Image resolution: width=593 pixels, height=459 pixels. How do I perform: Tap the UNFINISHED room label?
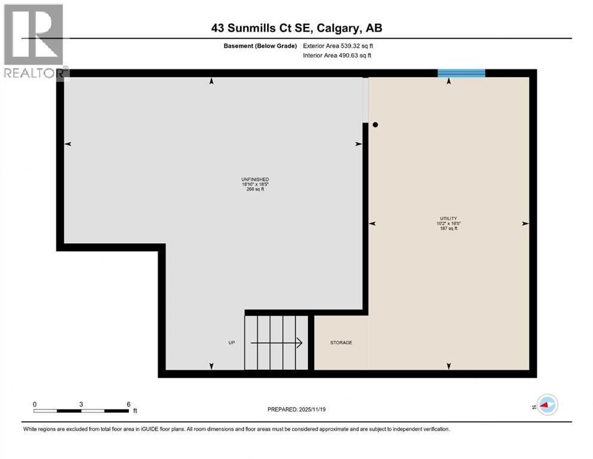pyautogui.click(x=255, y=179)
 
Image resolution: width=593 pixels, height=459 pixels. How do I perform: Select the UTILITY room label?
pyautogui.click(x=449, y=219)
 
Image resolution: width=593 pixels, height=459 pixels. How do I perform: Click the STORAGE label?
pyautogui.click(x=341, y=343)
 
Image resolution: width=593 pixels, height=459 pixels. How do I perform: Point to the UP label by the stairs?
pyautogui.click(x=232, y=343)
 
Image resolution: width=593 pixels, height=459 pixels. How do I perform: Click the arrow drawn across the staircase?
pyautogui.click(x=276, y=343)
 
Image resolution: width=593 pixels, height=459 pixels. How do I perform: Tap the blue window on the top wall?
pyautogui.click(x=461, y=74)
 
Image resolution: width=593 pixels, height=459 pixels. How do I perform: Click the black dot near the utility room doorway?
pyautogui.click(x=376, y=125)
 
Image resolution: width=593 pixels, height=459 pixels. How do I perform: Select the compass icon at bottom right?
pyautogui.click(x=547, y=405)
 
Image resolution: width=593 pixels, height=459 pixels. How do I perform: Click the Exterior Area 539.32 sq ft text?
pyautogui.click(x=338, y=45)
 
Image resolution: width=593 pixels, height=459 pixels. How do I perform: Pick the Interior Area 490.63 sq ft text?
pyautogui.click(x=337, y=56)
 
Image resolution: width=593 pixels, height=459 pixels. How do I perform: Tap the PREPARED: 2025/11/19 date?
pyautogui.click(x=296, y=409)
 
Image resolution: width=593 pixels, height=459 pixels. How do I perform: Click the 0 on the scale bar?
pyautogui.click(x=35, y=404)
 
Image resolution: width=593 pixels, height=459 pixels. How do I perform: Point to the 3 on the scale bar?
pyautogui.click(x=81, y=404)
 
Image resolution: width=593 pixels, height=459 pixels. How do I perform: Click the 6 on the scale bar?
pyautogui.click(x=128, y=404)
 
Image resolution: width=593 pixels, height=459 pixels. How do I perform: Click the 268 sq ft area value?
pyautogui.click(x=255, y=189)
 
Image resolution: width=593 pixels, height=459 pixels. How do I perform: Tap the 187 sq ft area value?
pyautogui.click(x=449, y=229)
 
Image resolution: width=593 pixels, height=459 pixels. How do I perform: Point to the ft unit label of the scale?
pyautogui.click(x=135, y=411)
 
